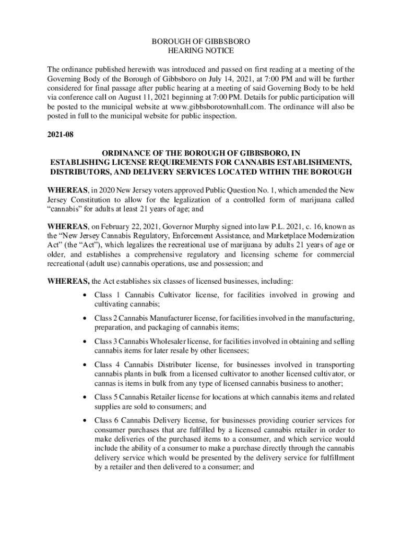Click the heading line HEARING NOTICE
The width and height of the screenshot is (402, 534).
tap(200, 51)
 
